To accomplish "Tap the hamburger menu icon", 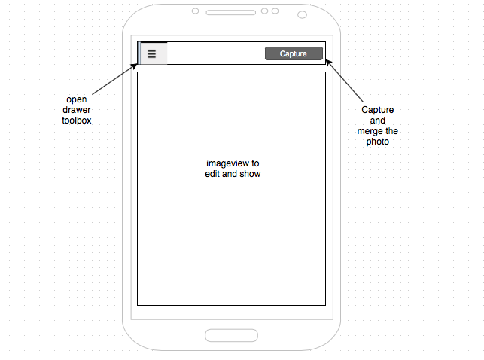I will tap(151, 54).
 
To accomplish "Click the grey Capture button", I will tap(294, 53).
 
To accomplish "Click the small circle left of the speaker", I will tap(195, 11).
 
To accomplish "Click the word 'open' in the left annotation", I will tap(77, 99).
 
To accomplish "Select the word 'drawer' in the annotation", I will tap(77, 109).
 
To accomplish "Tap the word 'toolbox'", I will tap(77, 120).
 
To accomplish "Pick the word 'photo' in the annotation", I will tap(378, 142).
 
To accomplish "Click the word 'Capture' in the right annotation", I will tap(378, 110).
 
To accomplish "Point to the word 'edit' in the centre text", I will tap(212, 174).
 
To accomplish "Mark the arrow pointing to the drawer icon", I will tap(114, 81).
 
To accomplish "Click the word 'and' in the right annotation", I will tap(378, 121).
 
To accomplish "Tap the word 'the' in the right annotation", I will tap(391, 131).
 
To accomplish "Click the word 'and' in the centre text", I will tap(230, 174).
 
